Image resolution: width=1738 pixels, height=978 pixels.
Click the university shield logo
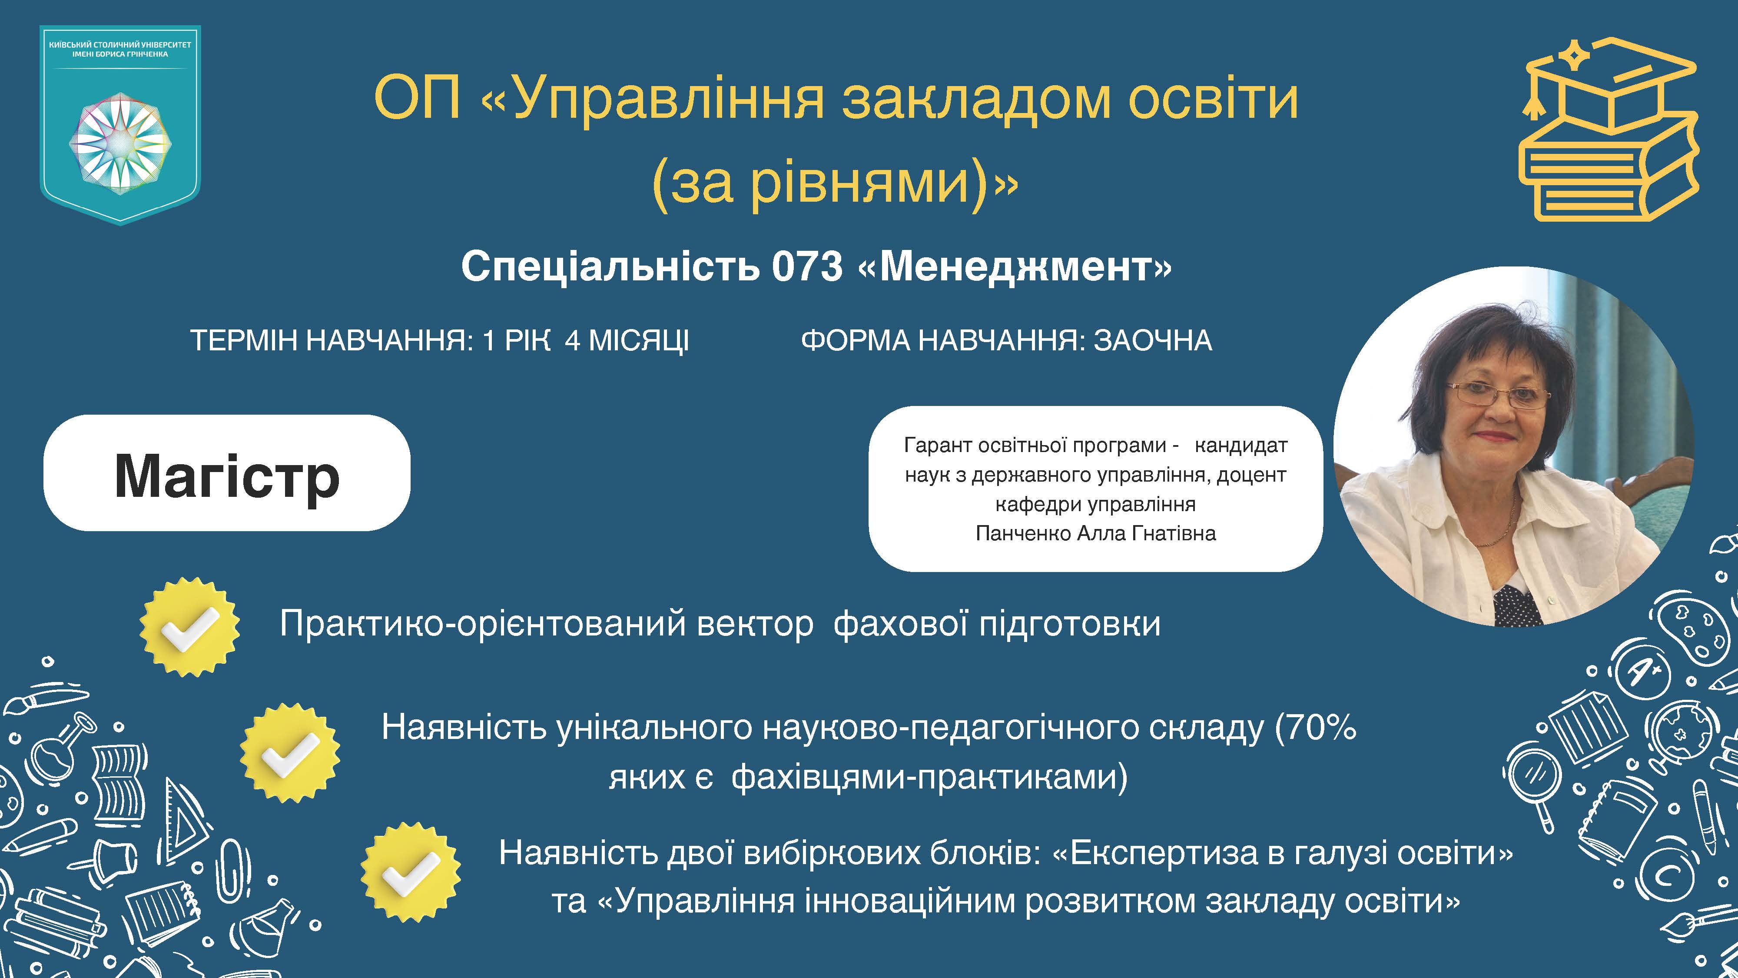[x=120, y=125]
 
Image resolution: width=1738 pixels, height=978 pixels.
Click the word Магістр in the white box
[x=227, y=476]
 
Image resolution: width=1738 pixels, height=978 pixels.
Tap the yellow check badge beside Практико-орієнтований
[x=189, y=626]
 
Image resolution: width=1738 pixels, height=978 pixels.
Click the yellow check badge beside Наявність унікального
[x=290, y=752]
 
